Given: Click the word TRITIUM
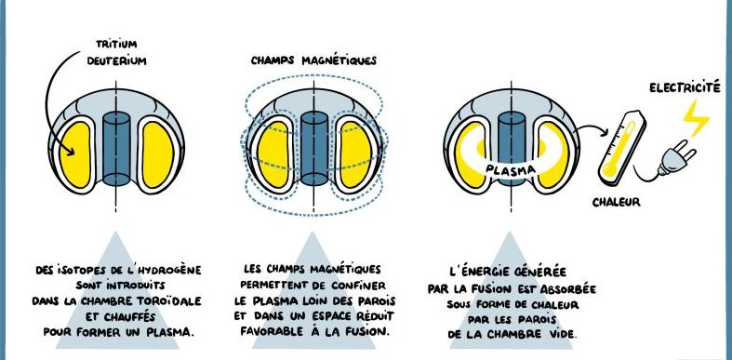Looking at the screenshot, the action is coord(116,45).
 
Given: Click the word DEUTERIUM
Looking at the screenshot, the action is coord(116,61).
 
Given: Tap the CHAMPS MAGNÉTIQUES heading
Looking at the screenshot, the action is coord(313,61).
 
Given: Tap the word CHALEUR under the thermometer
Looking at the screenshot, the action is coord(617,203).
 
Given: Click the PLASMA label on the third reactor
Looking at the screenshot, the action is coord(511,169).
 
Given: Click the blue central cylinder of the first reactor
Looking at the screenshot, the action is coord(115,149).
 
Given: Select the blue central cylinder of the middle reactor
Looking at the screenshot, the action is coord(314,149).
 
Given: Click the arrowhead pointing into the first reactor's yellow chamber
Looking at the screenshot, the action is coord(70,151).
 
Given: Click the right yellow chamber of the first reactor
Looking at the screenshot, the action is coord(158,154).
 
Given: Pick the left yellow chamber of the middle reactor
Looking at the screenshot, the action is coord(273,154).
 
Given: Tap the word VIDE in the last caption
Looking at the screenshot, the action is coord(564,335).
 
